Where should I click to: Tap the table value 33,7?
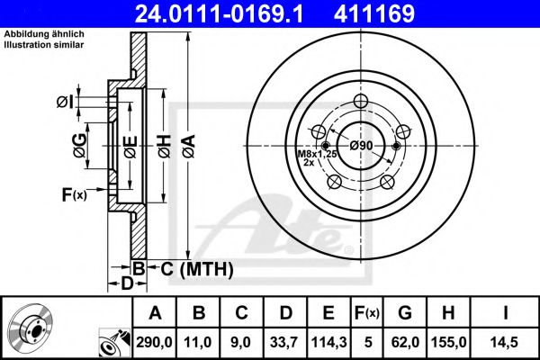(284, 343)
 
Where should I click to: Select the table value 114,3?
(329, 343)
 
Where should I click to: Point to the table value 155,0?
(453, 343)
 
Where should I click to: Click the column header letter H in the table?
(453, 313)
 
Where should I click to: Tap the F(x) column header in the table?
(369, 313)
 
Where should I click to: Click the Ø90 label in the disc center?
(361, 146)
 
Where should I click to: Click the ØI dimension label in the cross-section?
(64, 101)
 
